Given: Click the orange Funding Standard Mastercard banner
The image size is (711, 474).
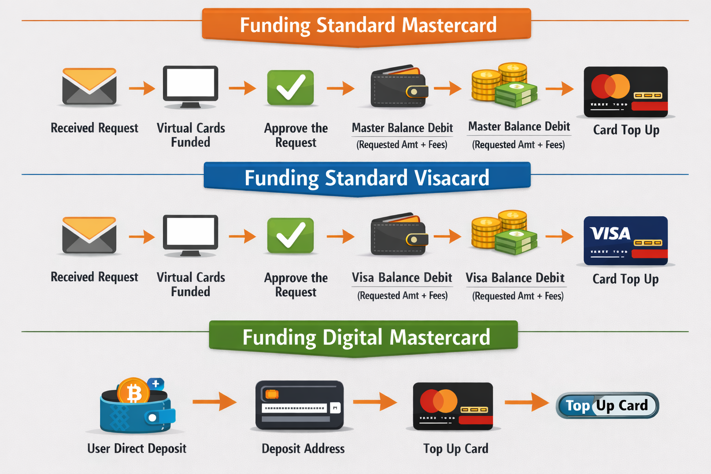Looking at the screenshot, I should click(367, 25).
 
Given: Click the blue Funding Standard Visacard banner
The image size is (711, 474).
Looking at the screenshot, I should click(367, 178).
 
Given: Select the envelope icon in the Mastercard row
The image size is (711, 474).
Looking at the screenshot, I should click(89, 87).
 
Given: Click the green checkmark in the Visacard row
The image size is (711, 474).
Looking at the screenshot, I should click(291, 236).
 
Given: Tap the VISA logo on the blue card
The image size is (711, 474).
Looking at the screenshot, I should click(610, 233).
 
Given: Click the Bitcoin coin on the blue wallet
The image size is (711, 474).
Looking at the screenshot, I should click(133, 393).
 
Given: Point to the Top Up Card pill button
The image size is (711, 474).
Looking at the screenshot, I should click(607, 405).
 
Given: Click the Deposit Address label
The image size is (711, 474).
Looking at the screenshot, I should click(303, 449).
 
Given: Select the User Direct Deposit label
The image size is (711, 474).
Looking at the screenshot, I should click(137, 449).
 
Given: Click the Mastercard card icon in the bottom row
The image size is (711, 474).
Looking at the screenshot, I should click(453, 406).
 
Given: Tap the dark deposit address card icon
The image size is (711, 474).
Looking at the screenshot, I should click(299, 405).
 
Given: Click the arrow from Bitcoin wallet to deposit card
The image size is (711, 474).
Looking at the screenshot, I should click(214, 401).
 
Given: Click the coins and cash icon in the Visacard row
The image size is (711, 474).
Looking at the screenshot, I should click(505, 233).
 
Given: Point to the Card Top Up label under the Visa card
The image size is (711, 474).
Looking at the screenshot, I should click(625, 279).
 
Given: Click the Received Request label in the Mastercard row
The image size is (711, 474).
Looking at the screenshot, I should click(94, 128).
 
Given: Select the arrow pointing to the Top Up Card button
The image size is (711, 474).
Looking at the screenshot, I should click(526, 401).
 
